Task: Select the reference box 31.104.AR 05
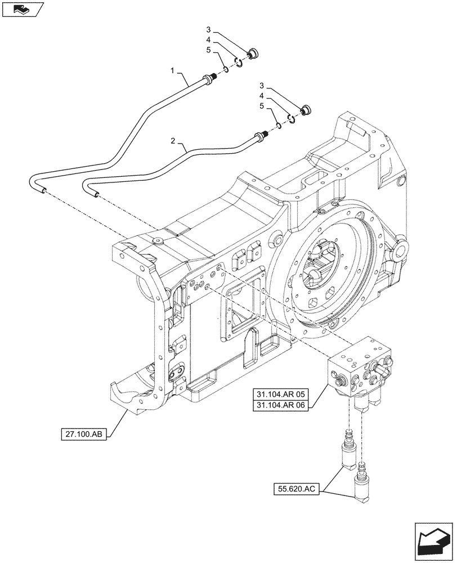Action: [282, 394]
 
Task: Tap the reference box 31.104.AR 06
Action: [282, 405]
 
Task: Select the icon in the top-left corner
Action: [21, 8]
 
